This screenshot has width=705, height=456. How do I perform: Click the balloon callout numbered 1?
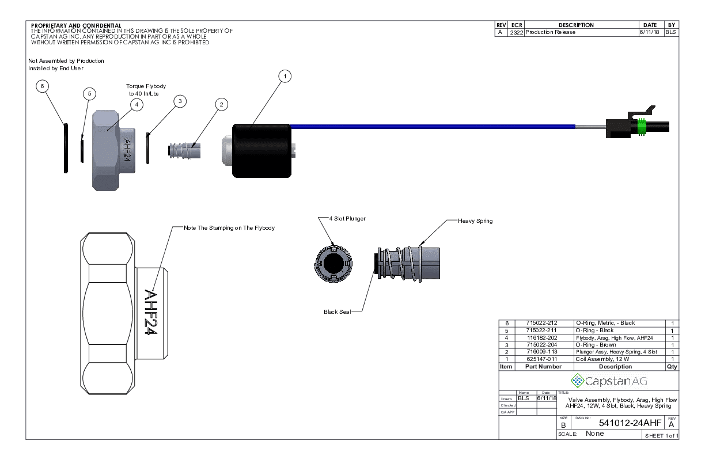click(285, 76)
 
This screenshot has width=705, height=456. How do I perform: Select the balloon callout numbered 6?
click(41, 86)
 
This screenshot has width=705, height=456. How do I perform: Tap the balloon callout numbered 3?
click(180, 101)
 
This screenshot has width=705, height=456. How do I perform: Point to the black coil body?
click(261, 150)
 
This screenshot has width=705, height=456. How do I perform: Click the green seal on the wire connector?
click(641, 127)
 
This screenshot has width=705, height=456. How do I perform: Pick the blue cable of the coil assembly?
click(432, 126)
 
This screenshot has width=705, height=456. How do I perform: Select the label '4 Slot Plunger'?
click(347, 219)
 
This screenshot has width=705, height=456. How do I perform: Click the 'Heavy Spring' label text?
click(475, 221)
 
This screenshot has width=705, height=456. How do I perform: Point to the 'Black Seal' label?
click(337, 312)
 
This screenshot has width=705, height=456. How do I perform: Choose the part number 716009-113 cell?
click(542, 352)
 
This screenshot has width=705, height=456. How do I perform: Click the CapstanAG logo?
click(608, 381)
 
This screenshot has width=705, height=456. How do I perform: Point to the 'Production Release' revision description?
click(550, 32)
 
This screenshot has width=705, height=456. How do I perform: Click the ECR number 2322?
click(516, 32)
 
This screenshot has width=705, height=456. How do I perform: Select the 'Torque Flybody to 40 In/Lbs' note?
click(142, 90)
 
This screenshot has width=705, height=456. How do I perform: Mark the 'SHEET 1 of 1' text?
click(662, 436)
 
